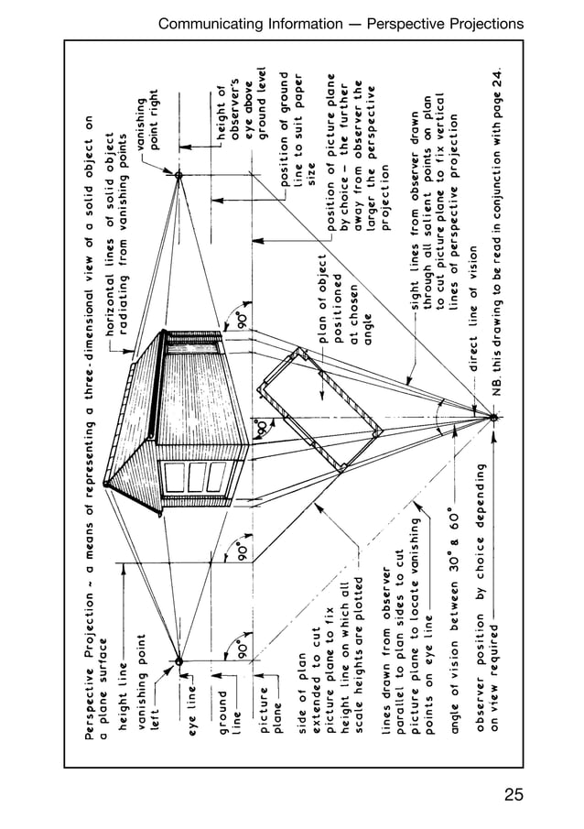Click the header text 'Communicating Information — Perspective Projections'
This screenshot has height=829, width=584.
pyautogui.click(x=341, y=23)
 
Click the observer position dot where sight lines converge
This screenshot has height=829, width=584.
pyautogui.click(x=493, y=418)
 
